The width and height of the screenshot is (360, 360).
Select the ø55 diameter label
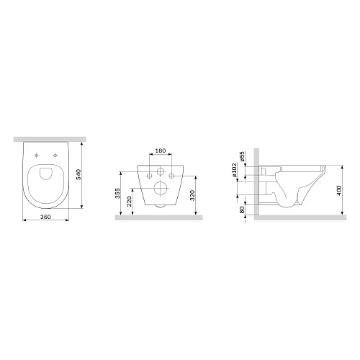(x=243, y=156)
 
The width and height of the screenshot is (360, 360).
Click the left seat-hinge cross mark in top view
(x=37, y=153)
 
